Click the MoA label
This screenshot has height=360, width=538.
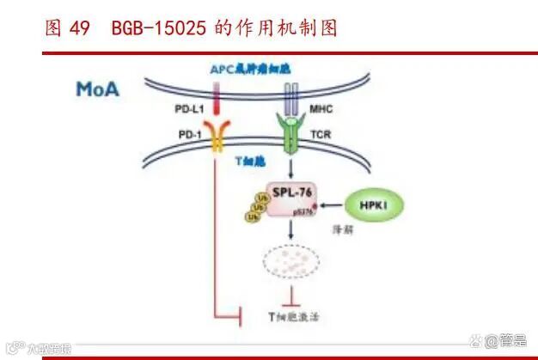point(97,88)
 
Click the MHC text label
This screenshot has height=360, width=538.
point(321,111)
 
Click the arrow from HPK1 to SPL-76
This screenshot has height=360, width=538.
point(330,204)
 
